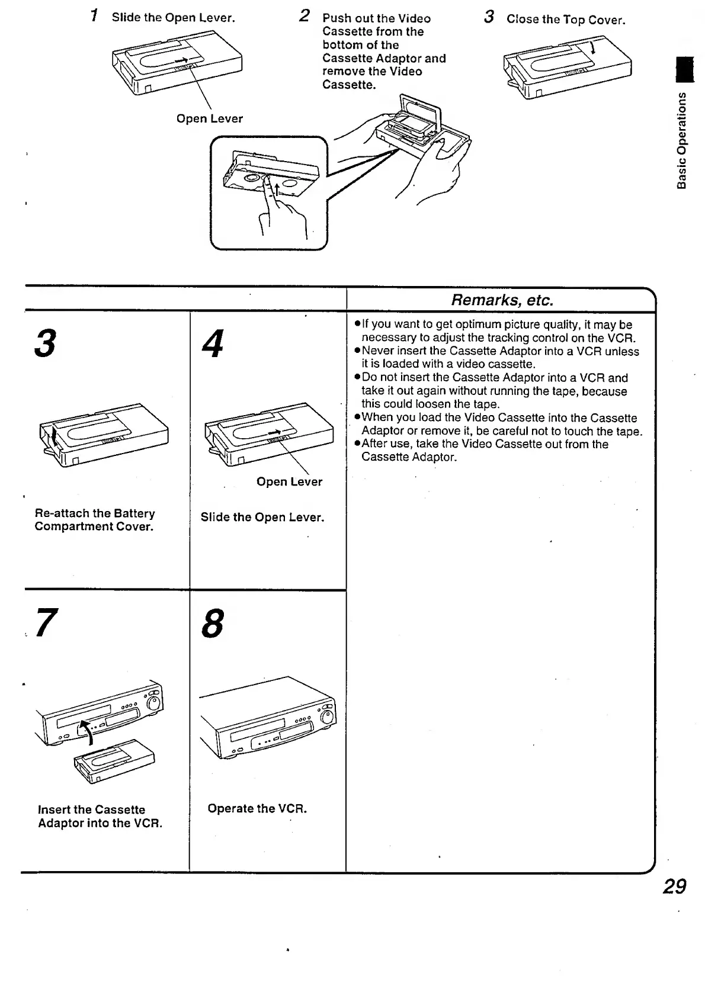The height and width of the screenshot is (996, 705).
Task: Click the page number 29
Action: point(674,886)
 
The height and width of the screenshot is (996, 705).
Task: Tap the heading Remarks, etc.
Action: point(502,300)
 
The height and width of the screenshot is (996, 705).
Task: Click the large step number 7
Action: point(47,623)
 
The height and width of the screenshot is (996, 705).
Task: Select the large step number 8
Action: point(213,624)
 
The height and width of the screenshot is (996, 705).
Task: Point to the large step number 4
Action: point(213,343)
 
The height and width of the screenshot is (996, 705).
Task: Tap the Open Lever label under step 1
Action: point(209,118)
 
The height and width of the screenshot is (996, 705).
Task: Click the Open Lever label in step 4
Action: point(289,481)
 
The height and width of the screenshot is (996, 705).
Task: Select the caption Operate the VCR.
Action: point(257,808)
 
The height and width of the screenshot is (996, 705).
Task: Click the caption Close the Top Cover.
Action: point(565,20)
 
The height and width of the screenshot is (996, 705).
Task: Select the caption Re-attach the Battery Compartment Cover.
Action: point(95,520)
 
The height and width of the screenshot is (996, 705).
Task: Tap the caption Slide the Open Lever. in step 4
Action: point(262,517)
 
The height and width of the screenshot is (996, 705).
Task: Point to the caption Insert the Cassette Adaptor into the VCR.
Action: point(100,816)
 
